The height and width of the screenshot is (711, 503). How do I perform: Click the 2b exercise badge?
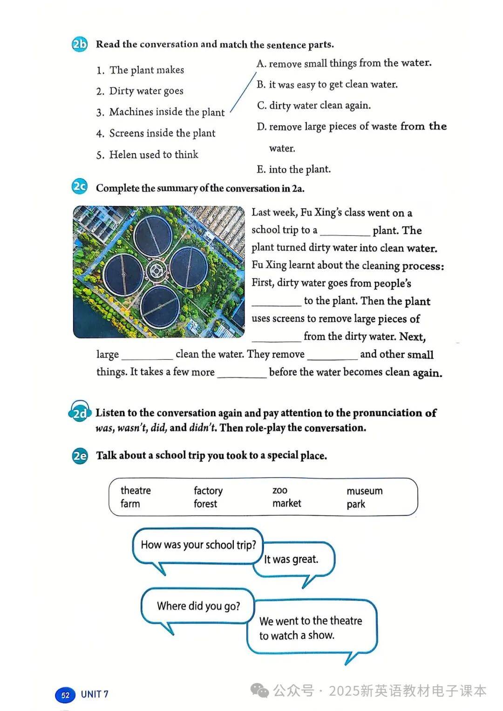[x=80, y=44]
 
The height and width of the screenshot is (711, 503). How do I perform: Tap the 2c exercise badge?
[x=80, y=187]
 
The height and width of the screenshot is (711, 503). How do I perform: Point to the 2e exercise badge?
[x=80, y=455]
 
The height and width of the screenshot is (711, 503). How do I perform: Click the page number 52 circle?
[x=65, y=695]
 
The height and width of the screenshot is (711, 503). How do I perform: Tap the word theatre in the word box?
[x=136, y=490]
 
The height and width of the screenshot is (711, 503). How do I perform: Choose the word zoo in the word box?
[x=280, y=490]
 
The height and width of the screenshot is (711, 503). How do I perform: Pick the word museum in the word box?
[x=364, y=491]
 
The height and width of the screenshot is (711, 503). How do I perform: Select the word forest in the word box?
[x=205, y=504]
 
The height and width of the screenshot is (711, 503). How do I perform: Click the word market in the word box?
[x=286, y=503]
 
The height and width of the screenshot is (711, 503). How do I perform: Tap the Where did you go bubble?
[x=198, y=606]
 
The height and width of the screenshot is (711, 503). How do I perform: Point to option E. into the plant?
[x=293, y=169]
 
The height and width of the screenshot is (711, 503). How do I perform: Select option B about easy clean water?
[x=327, y=84]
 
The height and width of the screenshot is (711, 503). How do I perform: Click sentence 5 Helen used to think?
[x=147, y=155]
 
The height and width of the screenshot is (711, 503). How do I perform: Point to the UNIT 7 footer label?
[x=95, y=694]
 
